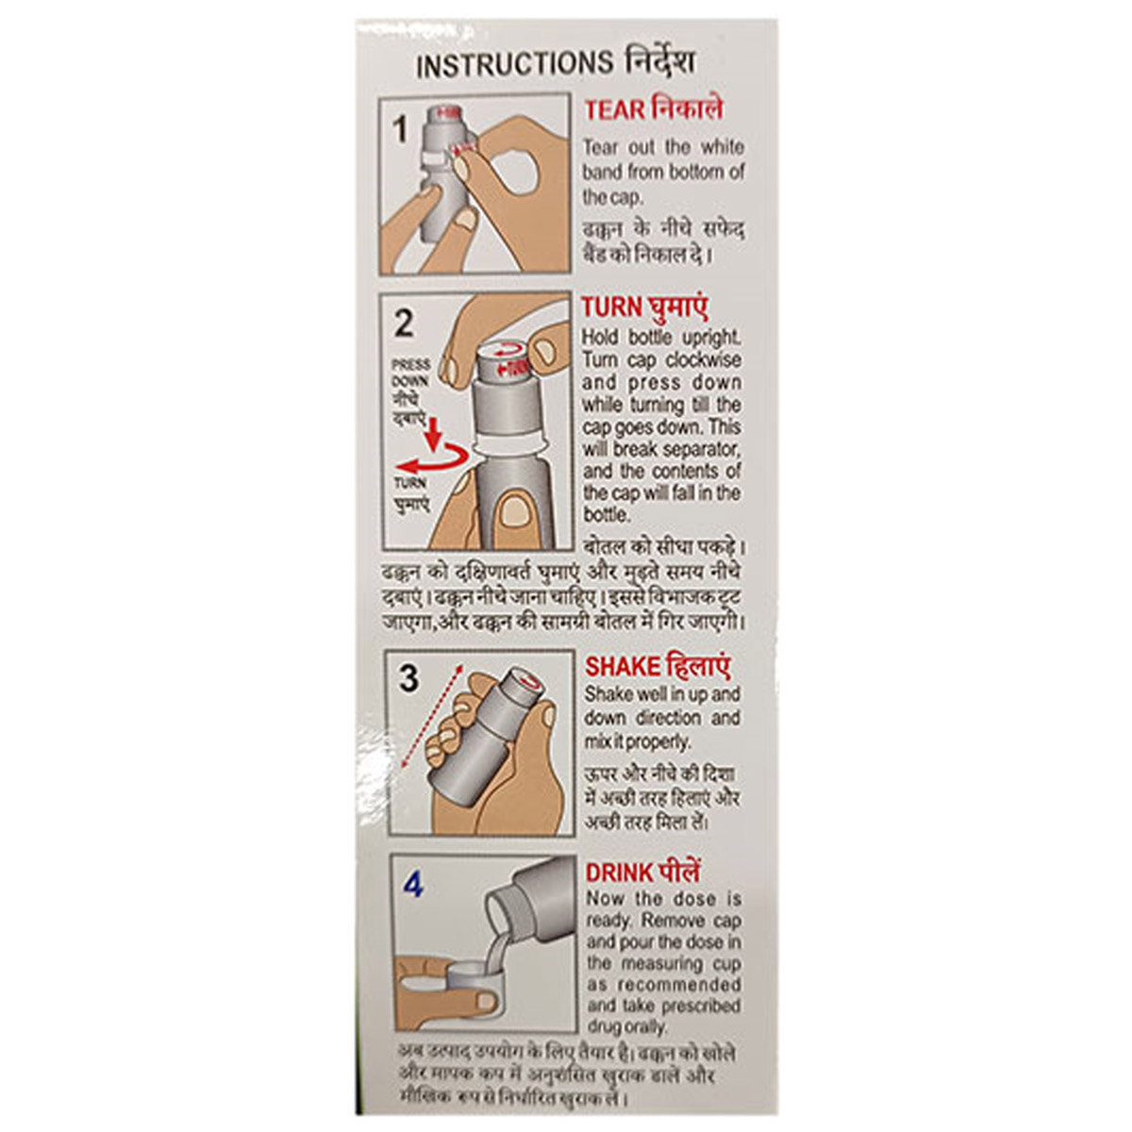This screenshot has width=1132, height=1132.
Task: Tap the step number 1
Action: pos(401,129)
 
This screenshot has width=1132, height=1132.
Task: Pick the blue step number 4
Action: pos(412,885)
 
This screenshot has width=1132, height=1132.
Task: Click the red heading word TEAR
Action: pos(614,111)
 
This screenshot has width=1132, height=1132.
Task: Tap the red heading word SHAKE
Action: pos(622,667)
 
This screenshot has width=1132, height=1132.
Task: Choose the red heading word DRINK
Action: pos(619,873)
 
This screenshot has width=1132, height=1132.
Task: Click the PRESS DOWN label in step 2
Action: pos(411,373)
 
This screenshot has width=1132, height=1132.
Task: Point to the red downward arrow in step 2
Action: pos(433,435)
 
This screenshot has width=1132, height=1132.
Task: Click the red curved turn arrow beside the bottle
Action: pos(434,460)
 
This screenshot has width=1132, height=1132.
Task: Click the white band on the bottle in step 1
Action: pos(435,159)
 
